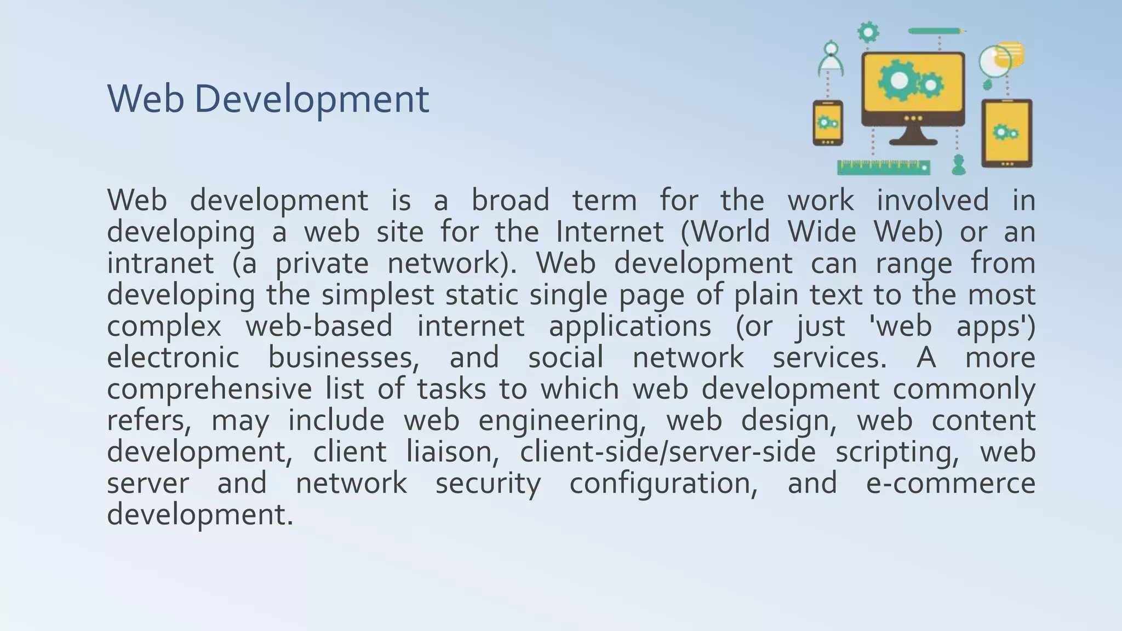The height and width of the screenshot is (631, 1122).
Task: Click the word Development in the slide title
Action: pos(311,99)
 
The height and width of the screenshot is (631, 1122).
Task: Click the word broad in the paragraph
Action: pos(510,200)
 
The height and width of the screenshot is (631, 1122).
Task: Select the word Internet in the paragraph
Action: pos(609,232)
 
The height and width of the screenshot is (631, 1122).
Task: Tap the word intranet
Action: pos(160,263)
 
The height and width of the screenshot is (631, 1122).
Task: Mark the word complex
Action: pos(164,326)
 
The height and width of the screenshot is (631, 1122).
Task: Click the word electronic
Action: pos(173,358)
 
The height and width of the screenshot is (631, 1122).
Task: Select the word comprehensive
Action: pos(209,389)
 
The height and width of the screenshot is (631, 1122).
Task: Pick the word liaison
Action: pos(453,452)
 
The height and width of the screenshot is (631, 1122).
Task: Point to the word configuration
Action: pos(663,484)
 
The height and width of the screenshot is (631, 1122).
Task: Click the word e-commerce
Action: pos(951,484)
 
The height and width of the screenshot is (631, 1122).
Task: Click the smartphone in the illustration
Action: pos(827,123)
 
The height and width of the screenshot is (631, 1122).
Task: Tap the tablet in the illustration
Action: pos(1006,133)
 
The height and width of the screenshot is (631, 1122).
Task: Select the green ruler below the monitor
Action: pos(883,168)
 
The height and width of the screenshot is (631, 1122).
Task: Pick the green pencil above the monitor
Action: pos(936,31)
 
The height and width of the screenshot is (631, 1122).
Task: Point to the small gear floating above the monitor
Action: pos(868,32)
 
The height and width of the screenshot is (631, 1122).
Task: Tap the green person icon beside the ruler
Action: pos(958,164)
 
